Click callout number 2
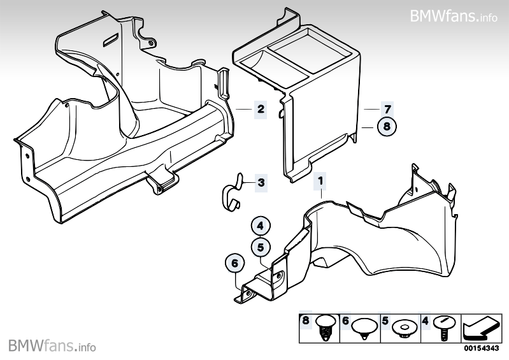pyautogui.click(x=260, y=109)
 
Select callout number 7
pyautogui.click(x=387, y=109)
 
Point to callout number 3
pyautogui.click(x=261, y=182)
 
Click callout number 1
pyautogui.click(x=322, y=182)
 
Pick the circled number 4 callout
pyautogui.click(x=261, y=225)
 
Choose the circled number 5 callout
pyautogui.click(x=261, y=246)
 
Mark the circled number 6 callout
pyautogui.click(x=234, y=263)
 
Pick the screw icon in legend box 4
pyautogui.click(x=443, y=327)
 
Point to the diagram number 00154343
pyautogui.click(x=480, y=348)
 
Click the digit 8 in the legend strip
pyautogui.click(x=306, y=322)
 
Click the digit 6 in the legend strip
pyautogui.click(x=345, y=322)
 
